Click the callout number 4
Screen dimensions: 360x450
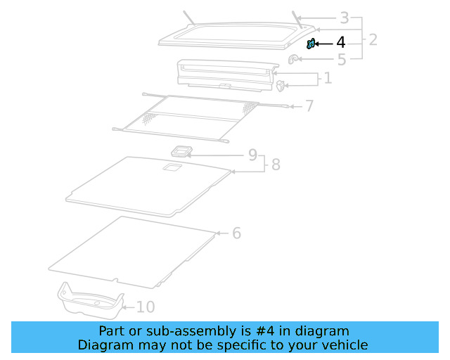341,43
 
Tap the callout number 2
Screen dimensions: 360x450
373,39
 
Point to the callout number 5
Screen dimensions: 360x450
342,60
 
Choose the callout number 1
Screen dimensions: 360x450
328,78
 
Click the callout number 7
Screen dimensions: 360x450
309,106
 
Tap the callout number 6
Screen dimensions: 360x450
236,233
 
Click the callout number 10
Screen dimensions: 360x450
146,307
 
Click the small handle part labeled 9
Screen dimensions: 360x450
184,151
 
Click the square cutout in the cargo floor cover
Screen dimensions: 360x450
172,168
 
